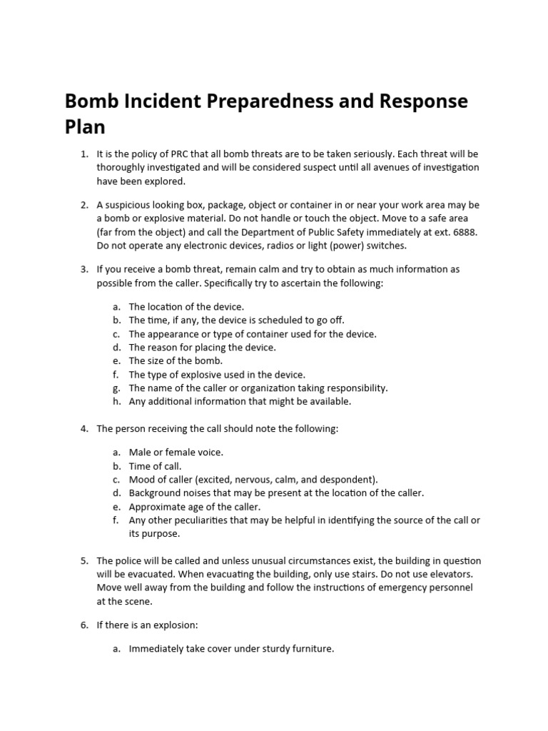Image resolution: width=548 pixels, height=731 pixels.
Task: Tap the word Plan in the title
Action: tap(85, 126)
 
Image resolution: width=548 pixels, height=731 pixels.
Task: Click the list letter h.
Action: tap(116, 401)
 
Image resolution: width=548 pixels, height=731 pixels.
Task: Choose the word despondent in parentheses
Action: tap(348, 479)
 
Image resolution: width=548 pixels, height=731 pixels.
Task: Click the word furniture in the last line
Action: tap(310, 649)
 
